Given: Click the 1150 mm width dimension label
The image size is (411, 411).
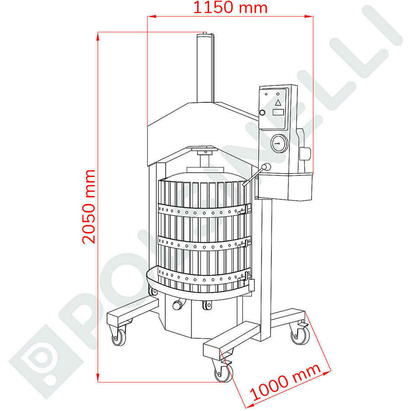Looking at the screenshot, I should click(230, 7).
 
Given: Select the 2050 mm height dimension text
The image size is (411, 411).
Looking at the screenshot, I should click(89, 206).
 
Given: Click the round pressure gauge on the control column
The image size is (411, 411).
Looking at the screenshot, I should click(279, 143).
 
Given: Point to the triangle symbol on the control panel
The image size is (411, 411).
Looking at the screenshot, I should click(278, 103).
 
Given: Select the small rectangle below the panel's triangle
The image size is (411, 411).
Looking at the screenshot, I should click(278, 112).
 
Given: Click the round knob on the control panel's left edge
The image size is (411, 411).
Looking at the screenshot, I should click(262, 112).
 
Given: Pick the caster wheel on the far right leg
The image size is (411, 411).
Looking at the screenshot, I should click(301, 335).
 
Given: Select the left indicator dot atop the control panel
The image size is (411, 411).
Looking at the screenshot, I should click(267, 94).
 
